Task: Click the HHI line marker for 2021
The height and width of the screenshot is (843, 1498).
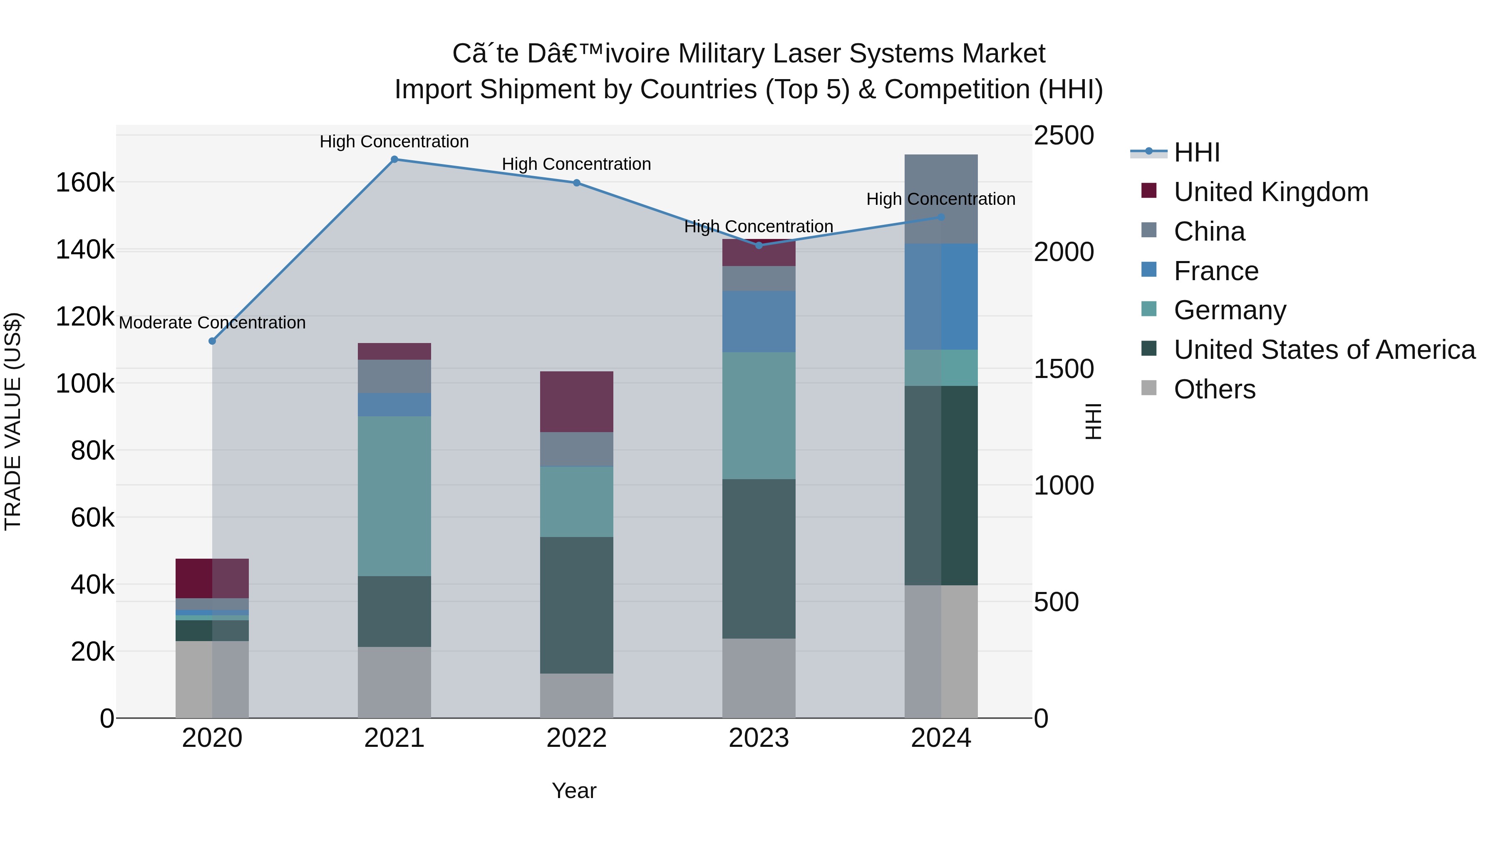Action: (394, 159)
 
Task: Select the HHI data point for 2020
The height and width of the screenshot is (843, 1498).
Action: (212, 341)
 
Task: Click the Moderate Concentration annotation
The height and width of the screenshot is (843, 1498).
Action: (212, 323)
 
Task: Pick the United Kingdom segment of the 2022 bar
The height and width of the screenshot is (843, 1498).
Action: (576, 401)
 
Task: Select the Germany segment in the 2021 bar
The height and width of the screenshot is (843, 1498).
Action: (394, 496)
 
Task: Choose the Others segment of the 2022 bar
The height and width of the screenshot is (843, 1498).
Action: (576, 695)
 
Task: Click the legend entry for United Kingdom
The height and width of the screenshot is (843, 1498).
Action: (1271, 192)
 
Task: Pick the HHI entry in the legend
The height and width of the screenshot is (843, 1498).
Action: (1196, 152)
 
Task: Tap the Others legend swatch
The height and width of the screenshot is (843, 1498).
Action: (1149, 388)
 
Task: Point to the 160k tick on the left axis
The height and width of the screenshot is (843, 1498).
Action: (85, 183)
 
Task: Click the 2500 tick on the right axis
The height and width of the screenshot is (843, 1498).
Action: (1064, 136)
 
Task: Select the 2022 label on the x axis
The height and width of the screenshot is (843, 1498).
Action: (576, 738)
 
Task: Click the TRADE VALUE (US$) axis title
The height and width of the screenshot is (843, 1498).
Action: (13, 421)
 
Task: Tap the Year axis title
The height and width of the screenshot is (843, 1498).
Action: (574, 791)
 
